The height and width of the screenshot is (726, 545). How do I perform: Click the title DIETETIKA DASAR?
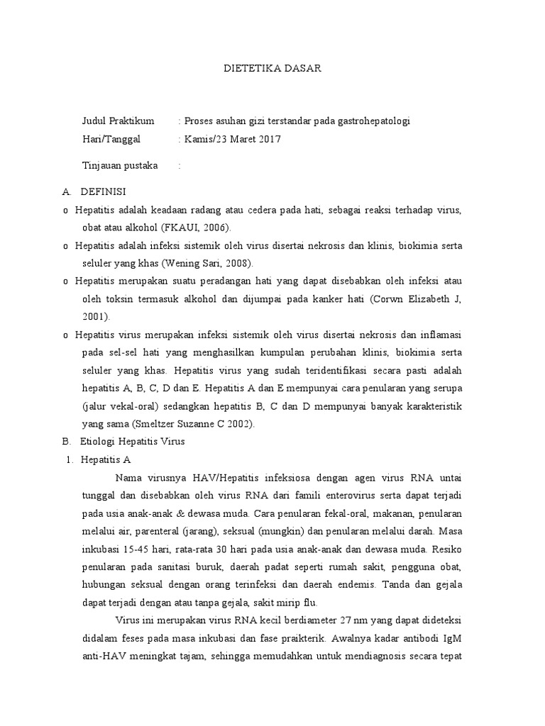click(272, 69)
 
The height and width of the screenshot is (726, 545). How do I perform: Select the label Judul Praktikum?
click(119, 121)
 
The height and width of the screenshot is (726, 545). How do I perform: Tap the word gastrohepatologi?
click(370, 121)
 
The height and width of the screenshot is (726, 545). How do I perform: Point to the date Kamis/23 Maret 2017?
click(233, 139)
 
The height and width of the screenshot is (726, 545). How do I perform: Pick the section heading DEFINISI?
click(104, 192)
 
